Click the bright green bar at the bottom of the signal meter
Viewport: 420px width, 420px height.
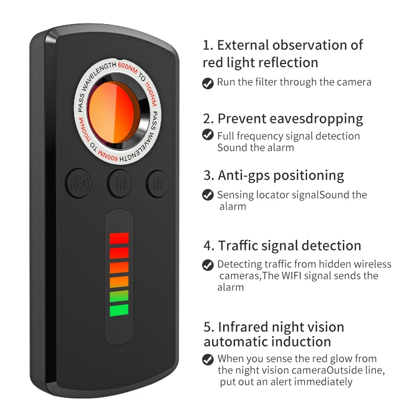pyautogui.click(x=119, y=310)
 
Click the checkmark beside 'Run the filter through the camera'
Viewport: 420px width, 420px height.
pyautogui.click(x=208, y=83)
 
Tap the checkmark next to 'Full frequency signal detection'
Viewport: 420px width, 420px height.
pyautogui.click(x=208, y=135)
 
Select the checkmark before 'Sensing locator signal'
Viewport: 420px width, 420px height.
pyautogui.click(x=208, y=195)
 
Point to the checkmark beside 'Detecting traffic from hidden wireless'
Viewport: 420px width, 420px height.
pyautogui.click(x=208, y=265)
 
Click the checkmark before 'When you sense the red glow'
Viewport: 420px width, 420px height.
pyautogui.click(x=208, y=359)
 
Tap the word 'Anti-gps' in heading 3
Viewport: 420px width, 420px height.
pyautogui.click(x=242, y=175)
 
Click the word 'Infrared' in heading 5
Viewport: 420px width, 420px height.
pyautogui.click(x=245, y=327)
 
